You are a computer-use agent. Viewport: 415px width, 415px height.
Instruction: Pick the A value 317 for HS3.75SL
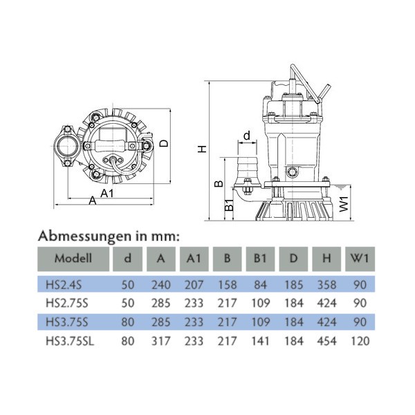point(161,340)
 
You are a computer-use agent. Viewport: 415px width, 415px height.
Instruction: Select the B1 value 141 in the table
point(261,340)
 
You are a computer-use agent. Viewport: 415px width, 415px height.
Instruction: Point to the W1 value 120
point(359,340)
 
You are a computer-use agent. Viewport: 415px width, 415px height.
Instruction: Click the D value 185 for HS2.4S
point(294,284)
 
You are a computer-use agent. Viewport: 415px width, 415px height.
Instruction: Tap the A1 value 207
point(194,284)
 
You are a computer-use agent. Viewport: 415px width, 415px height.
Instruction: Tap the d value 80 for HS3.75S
point(128,322)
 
